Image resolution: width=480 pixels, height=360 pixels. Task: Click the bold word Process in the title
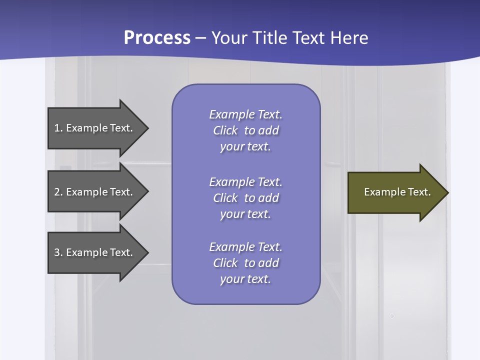(x=157, y=38)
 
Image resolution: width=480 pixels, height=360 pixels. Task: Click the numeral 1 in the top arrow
(x=57, y=128)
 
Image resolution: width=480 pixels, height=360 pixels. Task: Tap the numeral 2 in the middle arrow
(x=57, y=192)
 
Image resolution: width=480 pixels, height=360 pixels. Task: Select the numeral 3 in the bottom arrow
(x=57, y=252)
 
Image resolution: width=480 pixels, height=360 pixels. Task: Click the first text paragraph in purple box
(x=245, y=130)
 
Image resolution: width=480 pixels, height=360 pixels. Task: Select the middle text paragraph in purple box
(x=245, y=198)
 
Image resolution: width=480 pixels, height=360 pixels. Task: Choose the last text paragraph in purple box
(x=245, y=263)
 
